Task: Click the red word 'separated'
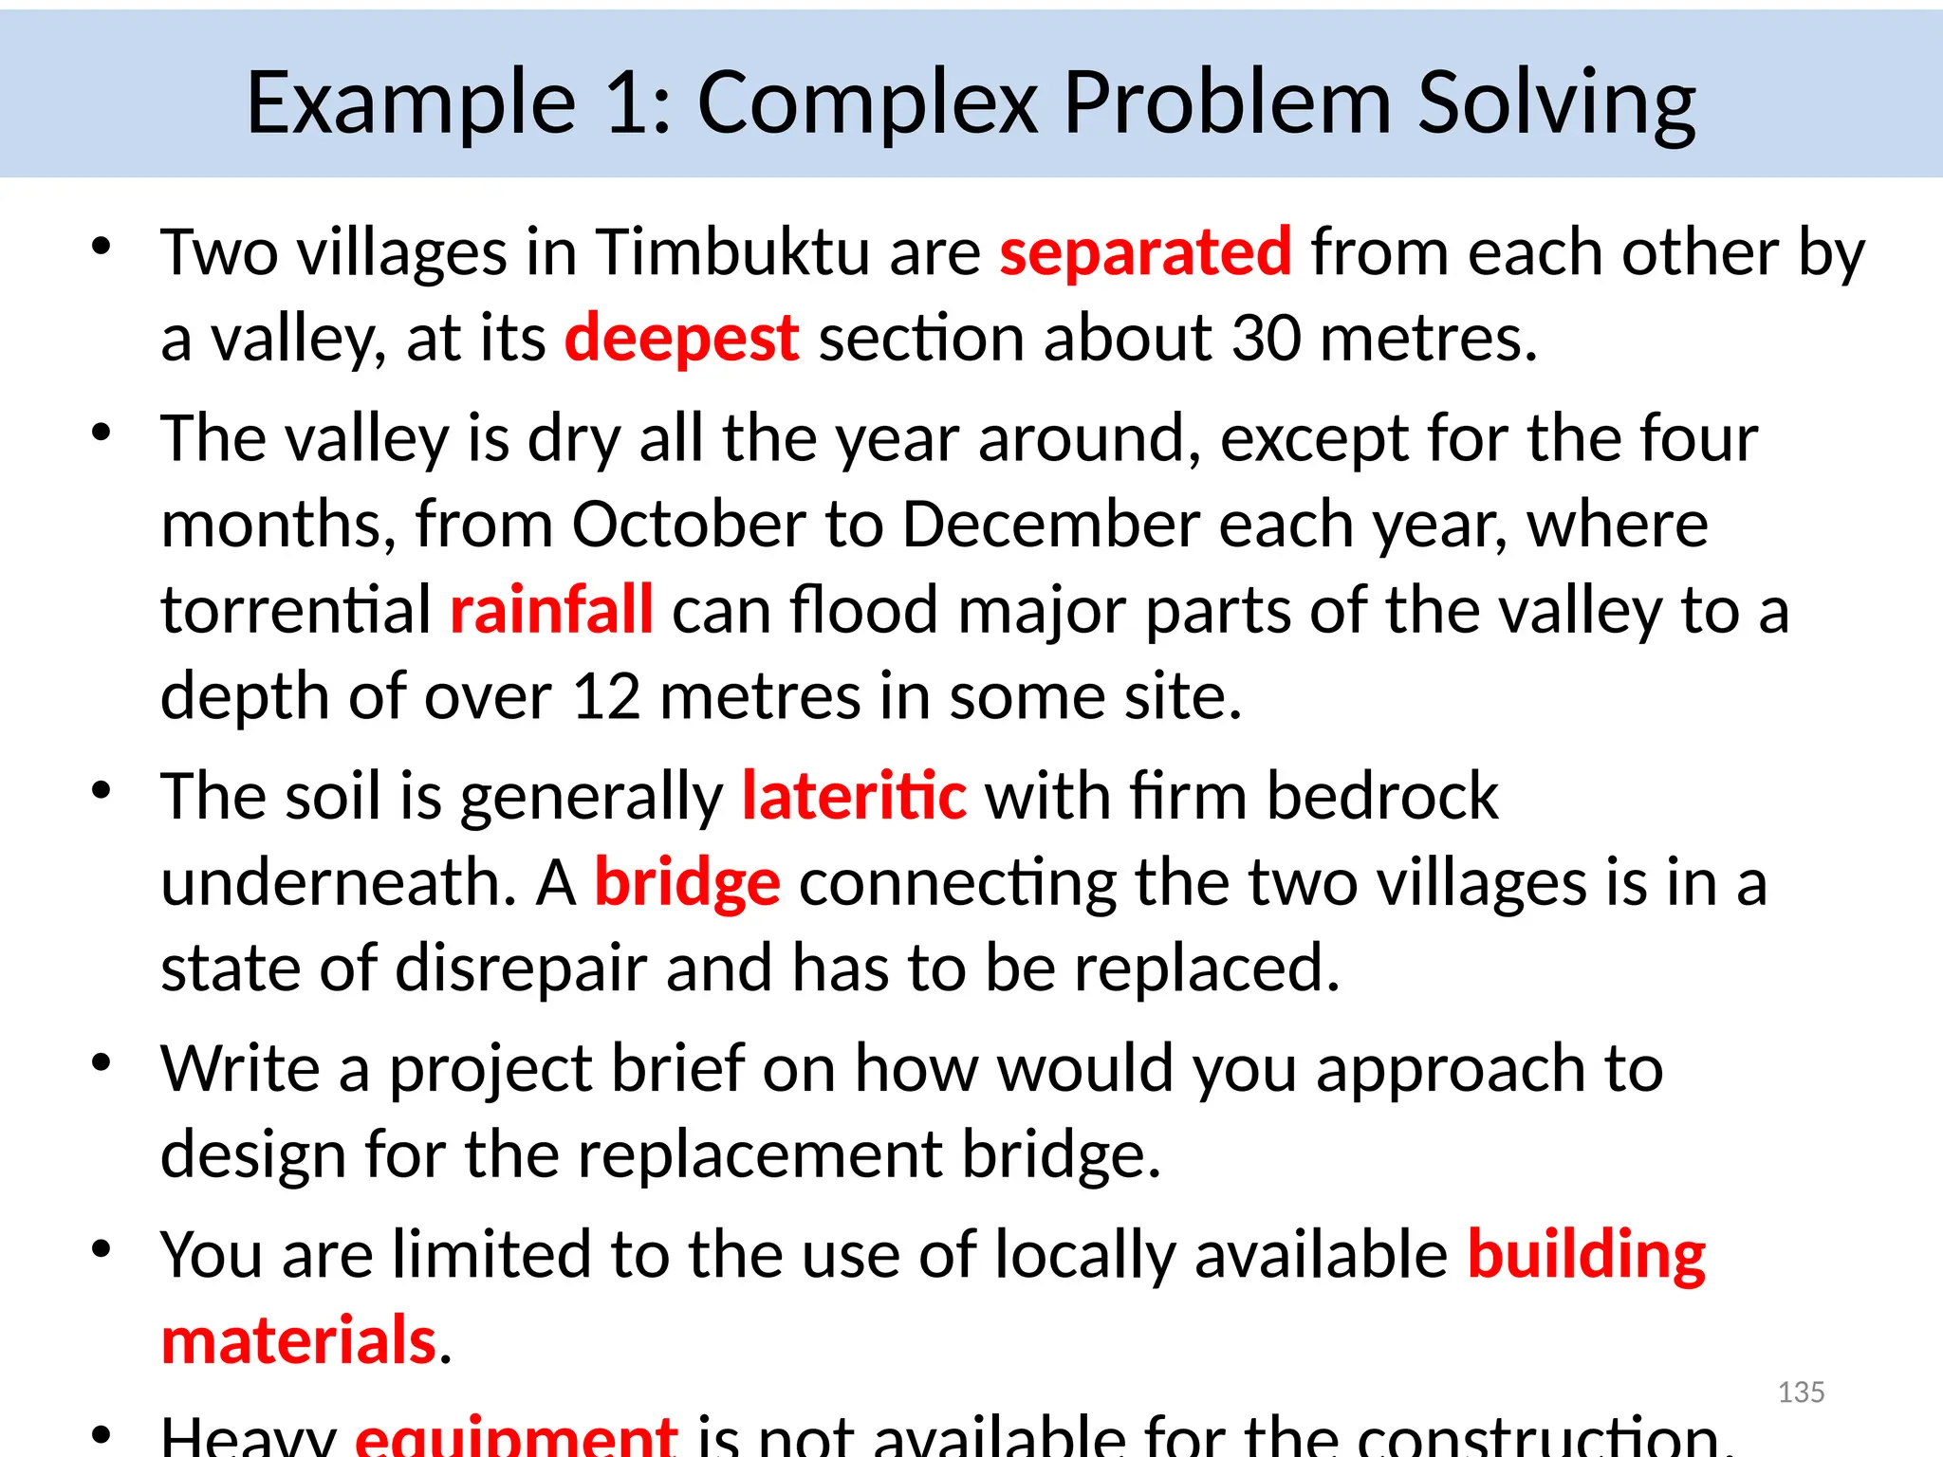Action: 1145,253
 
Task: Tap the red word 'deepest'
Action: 681,339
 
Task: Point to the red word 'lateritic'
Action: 854,796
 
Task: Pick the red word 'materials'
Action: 299,1341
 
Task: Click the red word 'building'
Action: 1586,1256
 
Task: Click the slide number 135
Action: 1801,1392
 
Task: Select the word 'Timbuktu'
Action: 732,253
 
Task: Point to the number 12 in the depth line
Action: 606,696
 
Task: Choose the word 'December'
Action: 1050,525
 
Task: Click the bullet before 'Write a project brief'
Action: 102,1062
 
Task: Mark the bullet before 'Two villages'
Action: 102,247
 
